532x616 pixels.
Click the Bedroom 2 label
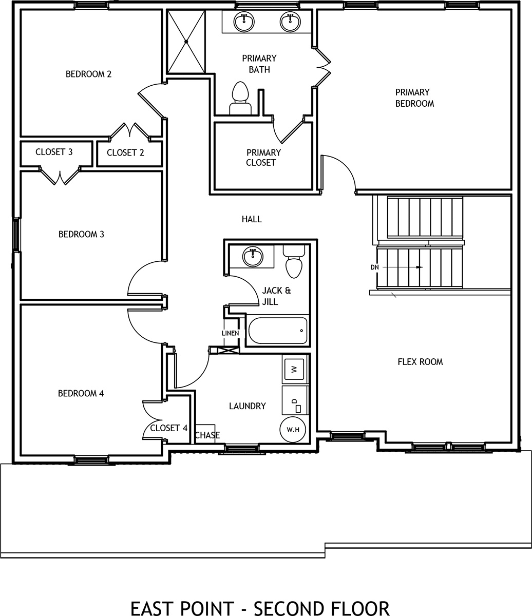[88, 74]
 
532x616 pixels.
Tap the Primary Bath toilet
[240, 98]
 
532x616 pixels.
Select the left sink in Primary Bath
[244, 22]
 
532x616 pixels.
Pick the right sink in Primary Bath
[290, 22]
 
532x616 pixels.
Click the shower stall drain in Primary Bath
[186, 42]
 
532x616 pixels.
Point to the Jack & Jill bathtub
[278, 331]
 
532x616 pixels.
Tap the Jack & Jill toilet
[294, 261]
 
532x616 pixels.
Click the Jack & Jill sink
[253, 257]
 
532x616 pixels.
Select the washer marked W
[294, 369]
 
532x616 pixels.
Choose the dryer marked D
[294, 400]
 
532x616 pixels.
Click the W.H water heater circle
[293, 430]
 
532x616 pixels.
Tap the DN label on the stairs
[374, 267]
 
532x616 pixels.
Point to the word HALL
[252, 219]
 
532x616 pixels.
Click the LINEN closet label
[230, 333]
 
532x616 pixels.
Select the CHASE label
[207, 435]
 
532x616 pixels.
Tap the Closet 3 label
[54, 152]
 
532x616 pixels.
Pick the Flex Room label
[420, 362]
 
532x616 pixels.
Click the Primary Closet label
[263, 158]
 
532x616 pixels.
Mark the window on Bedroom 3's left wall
[16, 235]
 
